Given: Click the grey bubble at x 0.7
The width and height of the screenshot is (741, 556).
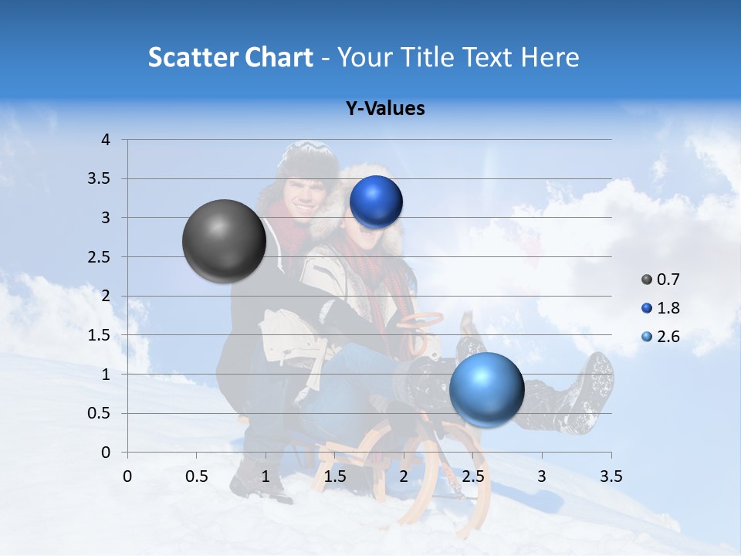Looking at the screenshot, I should point(224,241).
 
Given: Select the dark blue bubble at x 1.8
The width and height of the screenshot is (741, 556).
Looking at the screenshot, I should point(376,202).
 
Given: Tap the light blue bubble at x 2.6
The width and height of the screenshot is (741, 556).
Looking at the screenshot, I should point(486,389).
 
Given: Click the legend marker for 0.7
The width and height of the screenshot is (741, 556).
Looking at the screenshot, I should point(647,280).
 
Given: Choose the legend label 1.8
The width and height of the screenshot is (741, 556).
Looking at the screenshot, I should point(668,308).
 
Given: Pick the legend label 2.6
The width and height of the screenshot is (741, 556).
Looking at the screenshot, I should point(668,337).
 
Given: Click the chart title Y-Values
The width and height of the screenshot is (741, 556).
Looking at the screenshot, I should point(384,109).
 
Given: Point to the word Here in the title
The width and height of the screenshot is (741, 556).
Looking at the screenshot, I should point(550,57).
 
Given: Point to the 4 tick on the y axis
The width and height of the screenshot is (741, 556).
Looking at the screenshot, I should point(106,140).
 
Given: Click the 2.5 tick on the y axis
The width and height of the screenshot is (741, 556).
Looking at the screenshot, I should point(100,257).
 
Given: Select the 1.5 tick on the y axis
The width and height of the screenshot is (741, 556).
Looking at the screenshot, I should point(100,335).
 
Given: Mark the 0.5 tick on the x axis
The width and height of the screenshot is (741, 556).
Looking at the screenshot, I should point(196,476).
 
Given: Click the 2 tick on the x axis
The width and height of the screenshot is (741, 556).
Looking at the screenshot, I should point(404,476).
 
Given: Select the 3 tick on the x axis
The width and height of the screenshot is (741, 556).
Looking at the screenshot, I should point(542,476).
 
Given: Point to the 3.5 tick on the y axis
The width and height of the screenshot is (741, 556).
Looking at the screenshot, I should point(100,179).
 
